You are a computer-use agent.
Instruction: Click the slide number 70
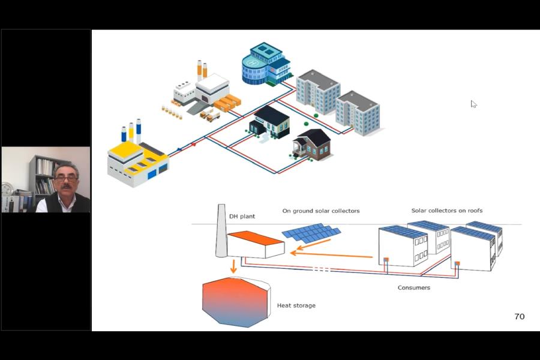[519, 316]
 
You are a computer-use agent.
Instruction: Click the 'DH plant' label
[242, 216]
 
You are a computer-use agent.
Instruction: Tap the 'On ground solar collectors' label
[321, 211]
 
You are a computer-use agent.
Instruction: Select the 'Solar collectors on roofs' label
[447, 211]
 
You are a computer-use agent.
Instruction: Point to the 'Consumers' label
[413, 288]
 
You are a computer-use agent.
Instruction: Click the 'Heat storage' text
[296, 305]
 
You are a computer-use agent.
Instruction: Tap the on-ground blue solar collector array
[311, 233]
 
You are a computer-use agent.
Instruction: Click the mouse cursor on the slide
[473, 104]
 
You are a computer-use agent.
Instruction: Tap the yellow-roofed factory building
[137, 161]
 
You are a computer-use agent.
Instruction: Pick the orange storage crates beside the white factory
[227, 104]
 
